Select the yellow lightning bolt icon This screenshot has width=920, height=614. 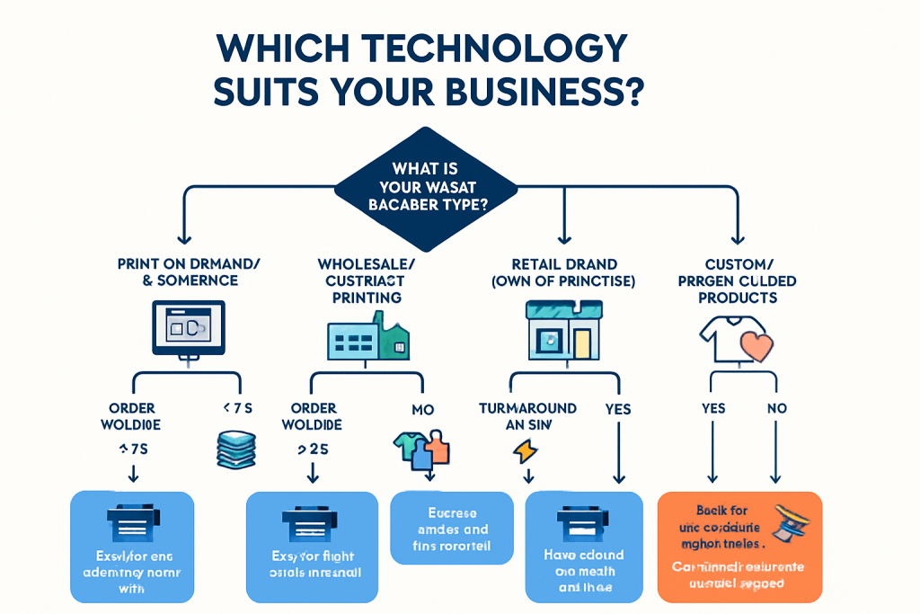[523, 449]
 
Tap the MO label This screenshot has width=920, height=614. [422, 410]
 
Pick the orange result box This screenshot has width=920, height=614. [739, 546]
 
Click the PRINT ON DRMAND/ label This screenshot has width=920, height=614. [189, 263]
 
